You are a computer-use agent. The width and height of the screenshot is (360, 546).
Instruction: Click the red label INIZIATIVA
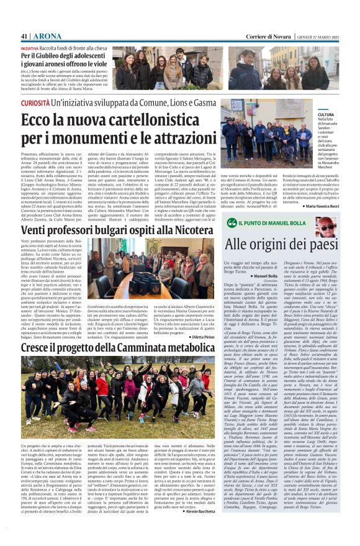pyautogui.click(x=30, y=47)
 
